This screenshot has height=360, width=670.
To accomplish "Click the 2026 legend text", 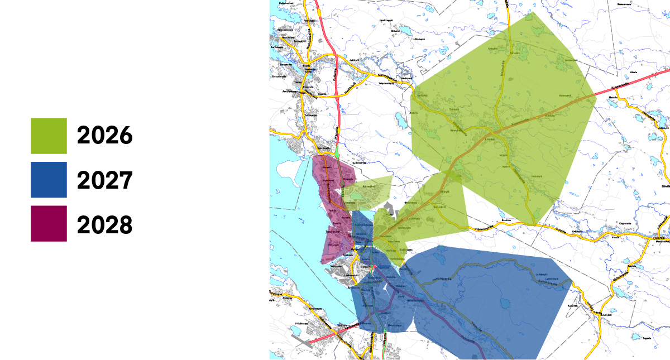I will [x=105, y=136].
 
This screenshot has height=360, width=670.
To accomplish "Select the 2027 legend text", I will [x=105, y=180].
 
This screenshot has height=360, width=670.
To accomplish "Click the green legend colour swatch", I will [x=49, y=136].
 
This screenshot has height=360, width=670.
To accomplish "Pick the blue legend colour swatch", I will [x=49, y=180].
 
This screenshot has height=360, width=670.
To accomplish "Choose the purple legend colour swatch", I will [x=49, y=224].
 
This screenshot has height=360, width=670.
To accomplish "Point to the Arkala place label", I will [x=633, y=73].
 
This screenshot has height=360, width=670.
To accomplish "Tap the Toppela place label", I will [x=647, y=338].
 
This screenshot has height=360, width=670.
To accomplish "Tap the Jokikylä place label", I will [x=353, y=60].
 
